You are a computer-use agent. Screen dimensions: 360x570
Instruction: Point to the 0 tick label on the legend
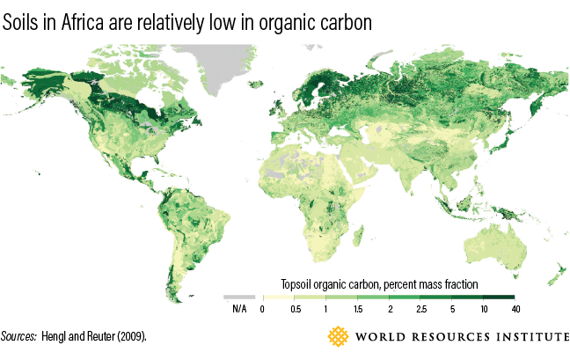pyautogui.click(x=262, y=309)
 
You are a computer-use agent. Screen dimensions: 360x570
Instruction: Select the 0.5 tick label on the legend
pyautogui.click(x=294, y=309)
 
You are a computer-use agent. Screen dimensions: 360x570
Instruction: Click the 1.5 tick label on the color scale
pyautogui.click(x=357, y=309)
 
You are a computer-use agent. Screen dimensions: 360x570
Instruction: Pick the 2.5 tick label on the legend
pyautogui.click(x=420, y=309)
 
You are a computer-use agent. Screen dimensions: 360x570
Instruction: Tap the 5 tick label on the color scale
pyautogui.click(x=452, y=309)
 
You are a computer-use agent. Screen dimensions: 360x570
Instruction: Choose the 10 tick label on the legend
pyautogui.click(x=484, y=309)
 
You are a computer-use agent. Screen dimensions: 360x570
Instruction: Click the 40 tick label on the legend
pyautogui.click(x=515, y=309)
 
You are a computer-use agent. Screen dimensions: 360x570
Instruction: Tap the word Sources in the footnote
pyautogui.click(x=19, y=337)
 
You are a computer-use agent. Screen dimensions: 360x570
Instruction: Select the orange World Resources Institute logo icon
pyautogui.click(x=338, y=337)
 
